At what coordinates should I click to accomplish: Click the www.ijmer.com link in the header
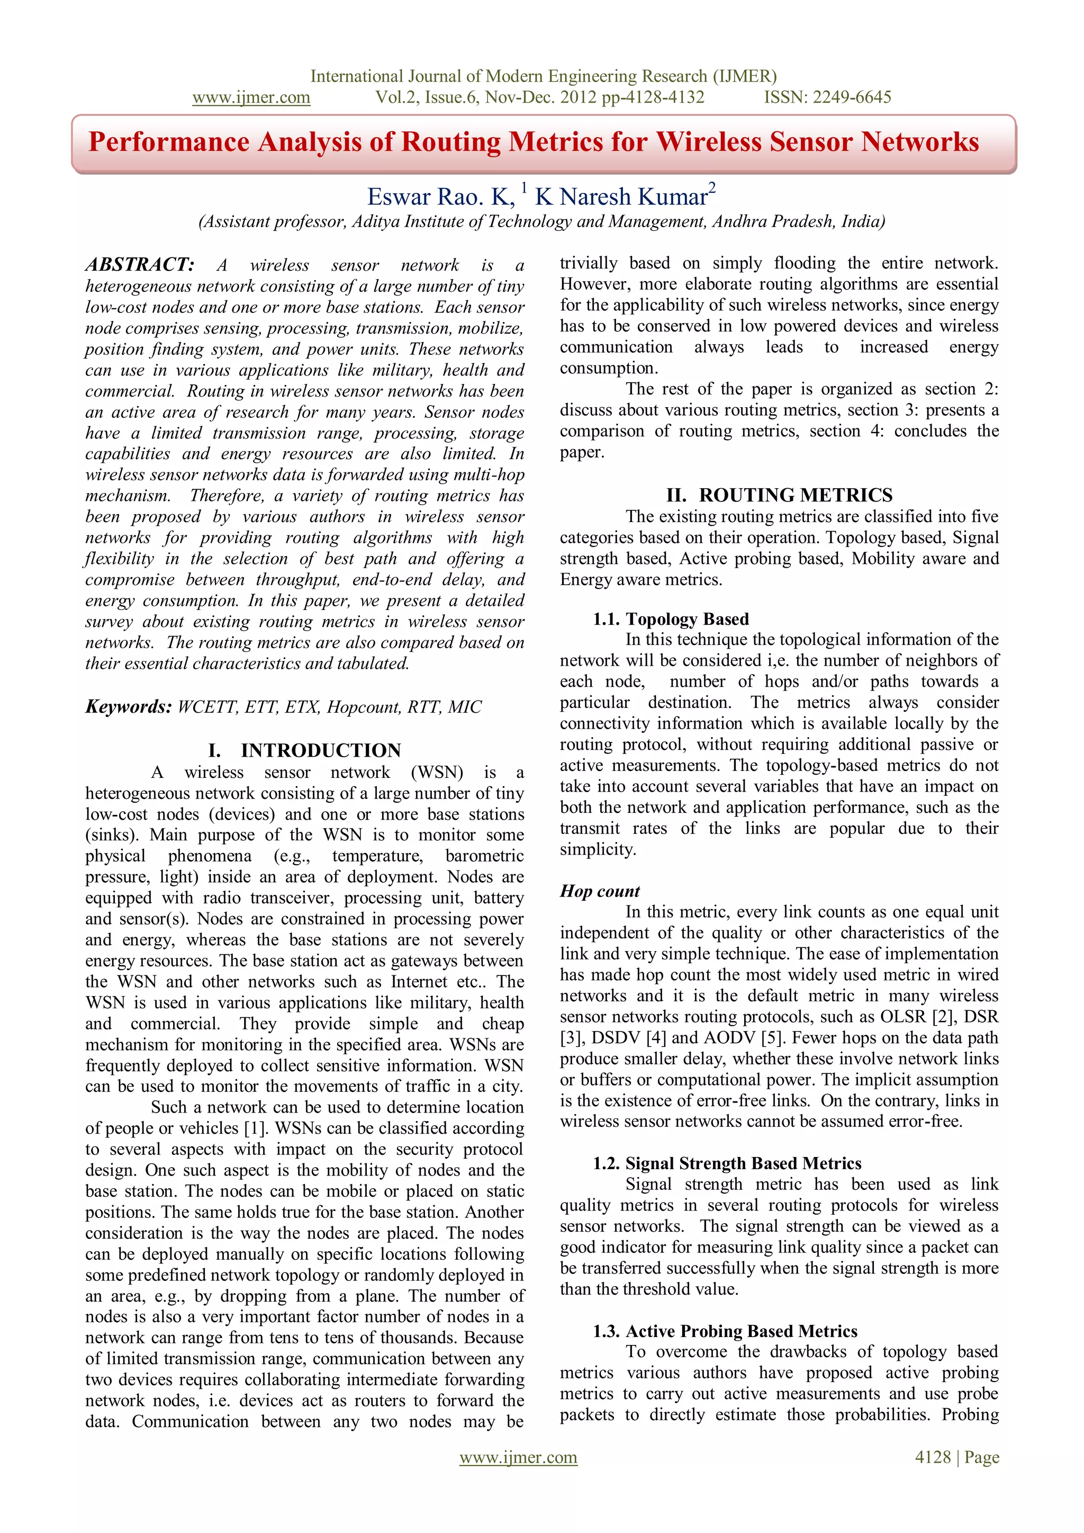click(x=251, y=97)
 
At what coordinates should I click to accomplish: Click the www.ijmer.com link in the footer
click(x=518, y=1457)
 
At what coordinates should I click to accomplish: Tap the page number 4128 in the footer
click(x=933, y=1457)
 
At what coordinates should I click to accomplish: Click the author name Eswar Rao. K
click(x=440, y=197)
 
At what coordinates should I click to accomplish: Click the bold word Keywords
click(x=129, y=706)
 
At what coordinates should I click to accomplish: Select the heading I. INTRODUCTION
click(x=304, y=750)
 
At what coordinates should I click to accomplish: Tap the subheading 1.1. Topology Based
click(x=671, y=619)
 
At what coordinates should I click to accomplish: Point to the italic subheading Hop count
click(x=599, y=891)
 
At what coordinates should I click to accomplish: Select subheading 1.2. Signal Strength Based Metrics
click(x=727, y=1163)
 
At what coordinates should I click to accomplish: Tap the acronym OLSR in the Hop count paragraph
click(x=903, y=1017)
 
